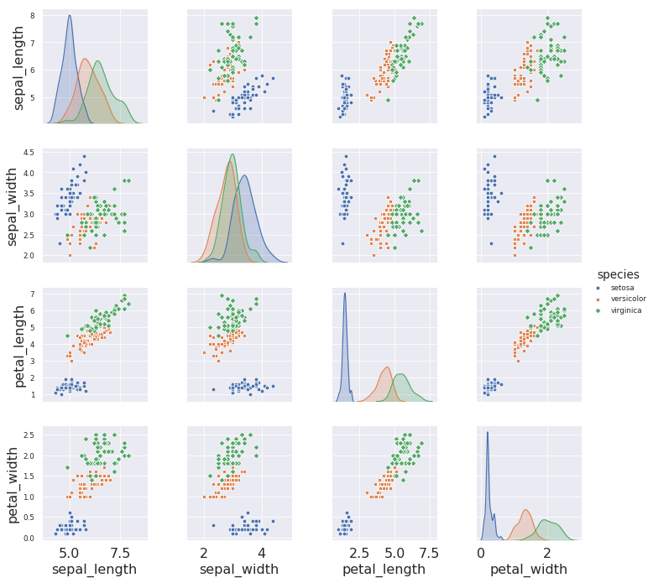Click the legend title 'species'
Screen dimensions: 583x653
pos(618,274)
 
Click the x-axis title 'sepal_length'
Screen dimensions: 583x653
pos(94,570)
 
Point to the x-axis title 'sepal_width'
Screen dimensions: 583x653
pos(238,570)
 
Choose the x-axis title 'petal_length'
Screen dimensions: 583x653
pos(384,570)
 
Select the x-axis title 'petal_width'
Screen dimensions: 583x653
pos(529,570)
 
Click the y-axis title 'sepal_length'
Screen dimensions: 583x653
pos(18,67)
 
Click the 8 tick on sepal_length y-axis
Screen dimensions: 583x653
pos(32,15)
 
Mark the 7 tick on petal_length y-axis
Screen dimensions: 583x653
pos(32,294)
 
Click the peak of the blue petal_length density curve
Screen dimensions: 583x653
pos(345,293)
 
